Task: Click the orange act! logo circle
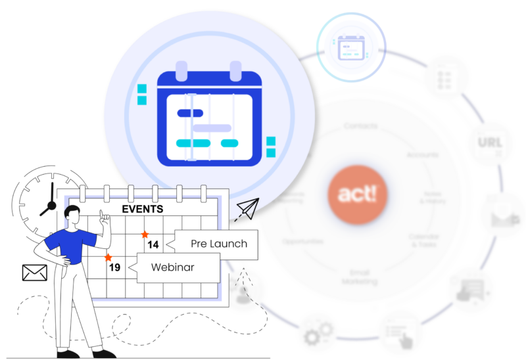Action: (358, 195)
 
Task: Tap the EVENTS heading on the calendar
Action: (143, 210)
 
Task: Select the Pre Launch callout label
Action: (219, 244)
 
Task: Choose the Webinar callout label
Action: (174, 267)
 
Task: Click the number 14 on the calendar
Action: (153, 245)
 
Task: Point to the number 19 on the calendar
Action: (114, 267)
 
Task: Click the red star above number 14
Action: (145, 234)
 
